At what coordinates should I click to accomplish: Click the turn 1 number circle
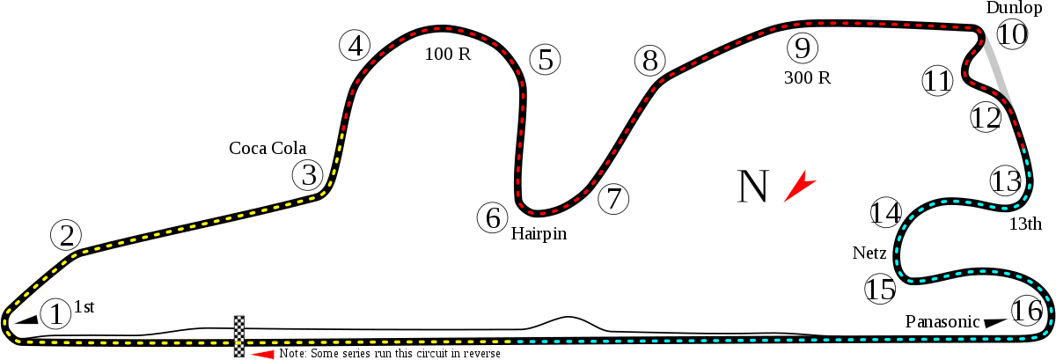[x=55, y=313]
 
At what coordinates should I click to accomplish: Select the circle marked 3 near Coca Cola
[x=308, y=175]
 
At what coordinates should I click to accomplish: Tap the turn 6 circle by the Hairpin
[x=493, y=217]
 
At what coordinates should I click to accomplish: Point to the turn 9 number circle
[x=802, y=48]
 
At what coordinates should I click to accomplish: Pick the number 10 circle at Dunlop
[x=1012, y=35]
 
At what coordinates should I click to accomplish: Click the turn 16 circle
[x=1026, y=311]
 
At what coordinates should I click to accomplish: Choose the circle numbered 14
[x=887, y=213]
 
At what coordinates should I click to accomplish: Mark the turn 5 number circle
[x=546, y=60]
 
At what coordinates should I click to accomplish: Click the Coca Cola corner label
[x=268, y=148]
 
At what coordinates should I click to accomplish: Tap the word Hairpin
[x=538, y=234]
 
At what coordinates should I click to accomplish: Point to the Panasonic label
[x=942, y=322]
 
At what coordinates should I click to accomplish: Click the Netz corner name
[x=869, y=253]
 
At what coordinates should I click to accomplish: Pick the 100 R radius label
[x=448, y=54]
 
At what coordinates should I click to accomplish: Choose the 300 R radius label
[x=807, y=77]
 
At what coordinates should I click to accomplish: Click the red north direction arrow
[x=799, y=187]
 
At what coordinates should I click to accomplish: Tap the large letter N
[x=753, y=186]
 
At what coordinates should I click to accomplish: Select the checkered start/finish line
[x=238, y=336]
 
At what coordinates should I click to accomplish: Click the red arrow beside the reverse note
[x=263, y=354]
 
